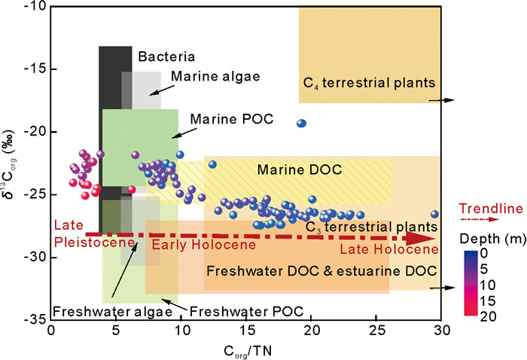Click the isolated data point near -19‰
point(302,124)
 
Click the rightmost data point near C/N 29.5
point(434,214)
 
